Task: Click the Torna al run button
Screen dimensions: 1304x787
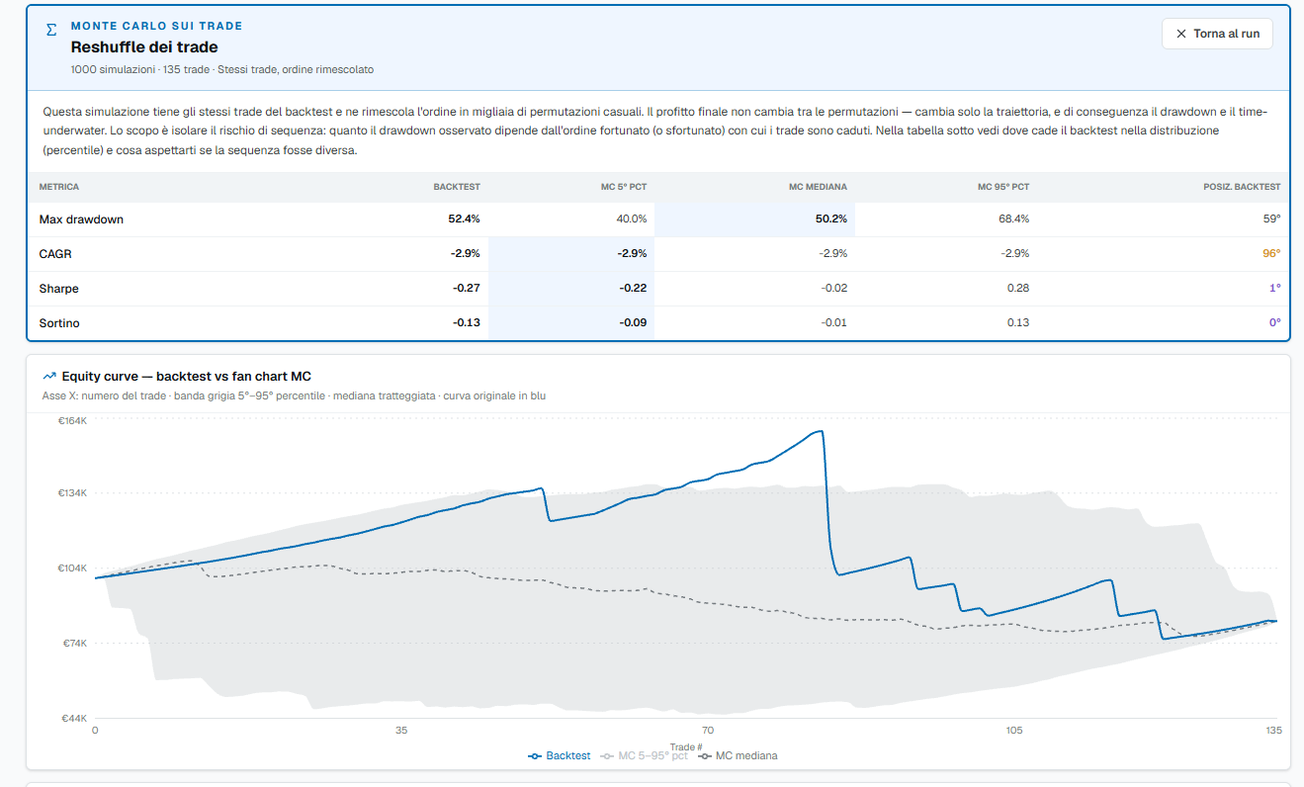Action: click(1217, 34)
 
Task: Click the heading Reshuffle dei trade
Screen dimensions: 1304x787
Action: click(144, 47)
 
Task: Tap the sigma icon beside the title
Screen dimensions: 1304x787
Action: click(51, 30)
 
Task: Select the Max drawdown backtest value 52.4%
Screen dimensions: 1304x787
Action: click(464, 219)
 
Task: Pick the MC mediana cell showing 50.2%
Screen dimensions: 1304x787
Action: click(830, 219)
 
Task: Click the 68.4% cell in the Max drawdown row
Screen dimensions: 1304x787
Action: click(1013, 219)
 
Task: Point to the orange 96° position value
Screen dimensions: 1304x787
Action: click(1271, 253)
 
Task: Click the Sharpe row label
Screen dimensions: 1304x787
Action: click(58, 288)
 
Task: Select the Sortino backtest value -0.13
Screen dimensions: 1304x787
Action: click(467, 322)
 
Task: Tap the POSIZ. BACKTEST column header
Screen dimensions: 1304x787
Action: click(1242, 187)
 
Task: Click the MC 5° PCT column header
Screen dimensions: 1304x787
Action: click(624, 187)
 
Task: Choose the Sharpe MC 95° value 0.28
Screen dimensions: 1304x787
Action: click(1018, 288)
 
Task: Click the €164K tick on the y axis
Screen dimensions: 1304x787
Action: click(72, 421)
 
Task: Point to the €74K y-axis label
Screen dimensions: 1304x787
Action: click(74, 644)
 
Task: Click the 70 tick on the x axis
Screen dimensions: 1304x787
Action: click(707, 730)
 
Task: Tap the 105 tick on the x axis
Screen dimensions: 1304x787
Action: click(1014, 730)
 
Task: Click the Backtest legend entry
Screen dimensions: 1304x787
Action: click(559, 755)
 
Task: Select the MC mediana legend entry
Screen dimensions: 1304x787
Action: click(739, 755)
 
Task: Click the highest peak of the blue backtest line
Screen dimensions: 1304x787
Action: click(821, 431)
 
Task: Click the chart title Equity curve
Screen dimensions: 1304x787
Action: click(100, 377)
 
